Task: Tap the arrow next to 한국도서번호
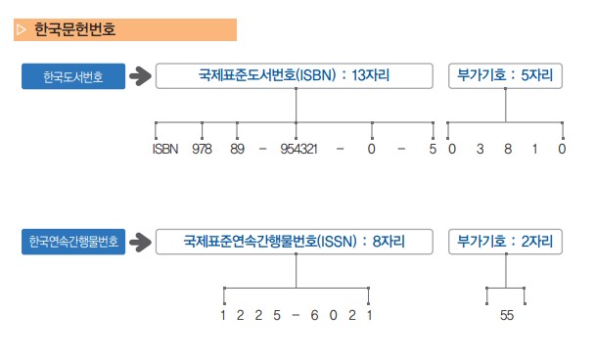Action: click(143, 76)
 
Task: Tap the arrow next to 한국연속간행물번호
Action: click(143, 241)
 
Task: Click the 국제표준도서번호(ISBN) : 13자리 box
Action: click(294, 75)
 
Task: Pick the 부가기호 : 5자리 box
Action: click(505, 75)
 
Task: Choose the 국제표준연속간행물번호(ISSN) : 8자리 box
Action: click(294, 240)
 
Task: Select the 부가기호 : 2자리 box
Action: click(505, 240)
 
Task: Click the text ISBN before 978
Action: click(165, 150)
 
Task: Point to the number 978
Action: click(202, 150)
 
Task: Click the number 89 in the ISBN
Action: click(237, 150)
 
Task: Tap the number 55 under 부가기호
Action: click(506, 315)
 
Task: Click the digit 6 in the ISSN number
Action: click(313, 315)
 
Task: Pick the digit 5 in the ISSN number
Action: click(278, 315)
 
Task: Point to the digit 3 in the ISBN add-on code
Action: click(480, 150)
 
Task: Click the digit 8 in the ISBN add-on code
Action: click(507, 150)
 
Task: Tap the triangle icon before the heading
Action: click(21, 30)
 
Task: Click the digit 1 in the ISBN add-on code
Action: click(534, 150)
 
